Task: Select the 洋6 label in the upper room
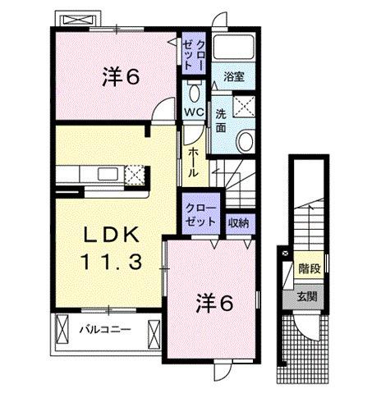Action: pos(120,77)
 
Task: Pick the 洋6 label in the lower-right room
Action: pos(213,303)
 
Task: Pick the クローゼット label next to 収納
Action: pos(201,214)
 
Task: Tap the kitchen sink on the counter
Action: pos(108,173)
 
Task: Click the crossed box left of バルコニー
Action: pos(63,331)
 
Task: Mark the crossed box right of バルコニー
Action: pos(152,331)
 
